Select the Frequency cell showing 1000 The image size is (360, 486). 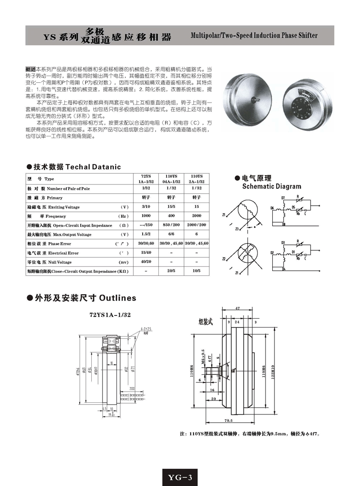coord(146,216)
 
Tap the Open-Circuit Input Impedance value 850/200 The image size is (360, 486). coord(171,225)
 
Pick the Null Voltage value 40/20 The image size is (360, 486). coord(146,262)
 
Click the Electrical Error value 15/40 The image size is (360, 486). coord(146,253)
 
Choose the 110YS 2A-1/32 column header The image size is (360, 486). coord(197,179)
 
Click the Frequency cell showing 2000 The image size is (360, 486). coord(197,216)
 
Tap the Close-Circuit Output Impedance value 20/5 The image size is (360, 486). coord(171,272)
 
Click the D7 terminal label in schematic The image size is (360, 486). coord(283,198)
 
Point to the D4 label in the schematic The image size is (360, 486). coord(283,269)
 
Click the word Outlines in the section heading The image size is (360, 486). coord(117,298)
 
